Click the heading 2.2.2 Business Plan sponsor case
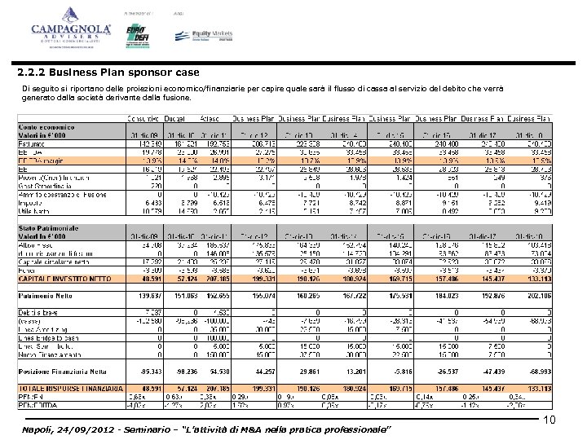(96, 73)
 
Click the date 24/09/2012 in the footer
(85, 429)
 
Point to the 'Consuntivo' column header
(142, 118)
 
